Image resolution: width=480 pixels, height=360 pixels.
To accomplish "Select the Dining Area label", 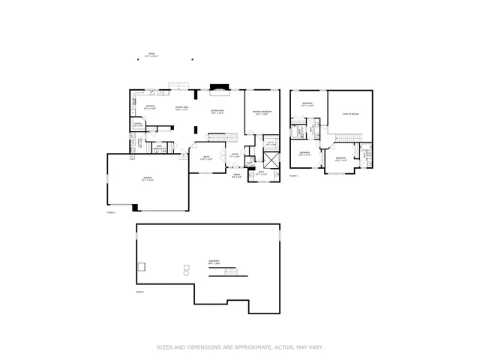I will [x=181, y=108].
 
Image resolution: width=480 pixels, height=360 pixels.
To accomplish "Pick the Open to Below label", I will [x=350, y=114].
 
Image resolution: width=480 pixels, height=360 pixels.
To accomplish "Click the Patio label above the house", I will [x=151, y=55].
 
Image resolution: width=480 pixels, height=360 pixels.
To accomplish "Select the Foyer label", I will [x=234, y=155].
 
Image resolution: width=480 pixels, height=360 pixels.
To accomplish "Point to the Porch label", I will [x=236, y=177].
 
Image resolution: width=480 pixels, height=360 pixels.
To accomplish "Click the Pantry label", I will [x=139, y=124].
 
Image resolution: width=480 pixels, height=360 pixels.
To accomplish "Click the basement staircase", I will [x=223, y=271].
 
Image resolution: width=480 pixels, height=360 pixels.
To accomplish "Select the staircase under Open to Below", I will [x=348, y=136].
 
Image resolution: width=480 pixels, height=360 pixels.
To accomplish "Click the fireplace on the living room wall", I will [x=218, y=87].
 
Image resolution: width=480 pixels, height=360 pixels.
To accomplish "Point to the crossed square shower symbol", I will [x=270, y=158].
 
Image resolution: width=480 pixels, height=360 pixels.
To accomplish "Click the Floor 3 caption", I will [x=294, y=175].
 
